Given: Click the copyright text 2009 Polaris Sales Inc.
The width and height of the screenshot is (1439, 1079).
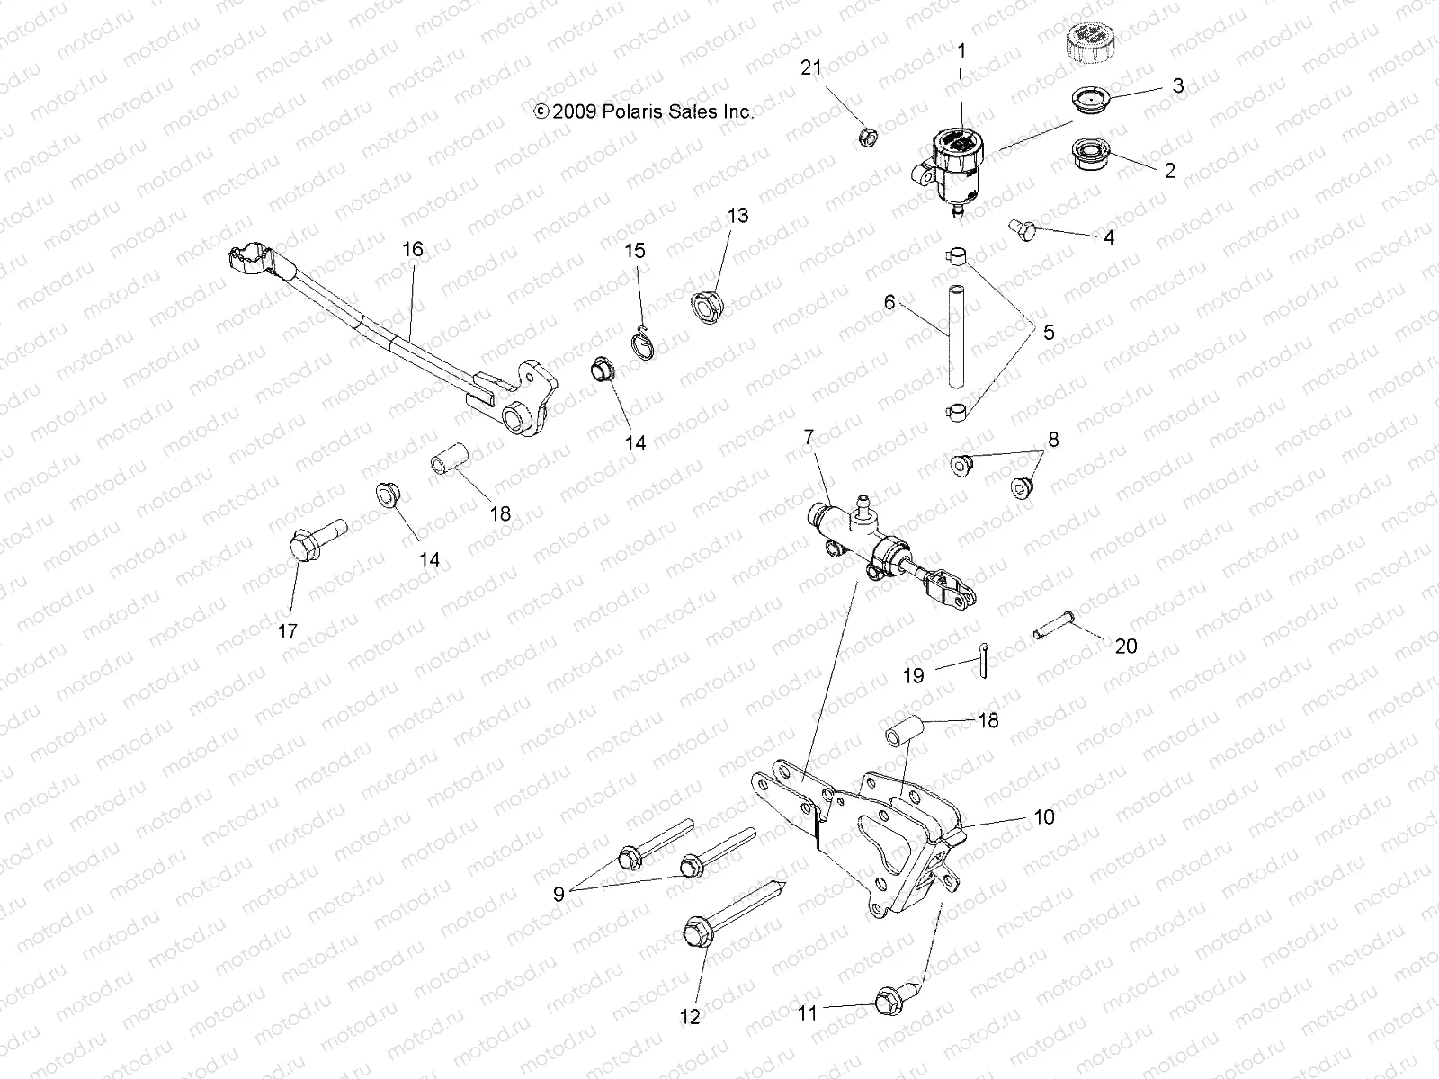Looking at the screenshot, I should pyautogui.click(x=643, y=111).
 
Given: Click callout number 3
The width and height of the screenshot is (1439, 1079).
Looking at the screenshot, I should pyautogui.click(x=1177, y=86).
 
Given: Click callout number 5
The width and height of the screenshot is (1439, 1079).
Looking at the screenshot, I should pyautogui.click(x=1048, y=332).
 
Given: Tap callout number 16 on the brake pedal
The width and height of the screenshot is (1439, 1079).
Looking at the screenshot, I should pyautogui.click(x=412, y=249).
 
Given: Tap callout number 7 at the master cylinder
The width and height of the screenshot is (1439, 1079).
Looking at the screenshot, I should pyautogui.click(x=808, y=438).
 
